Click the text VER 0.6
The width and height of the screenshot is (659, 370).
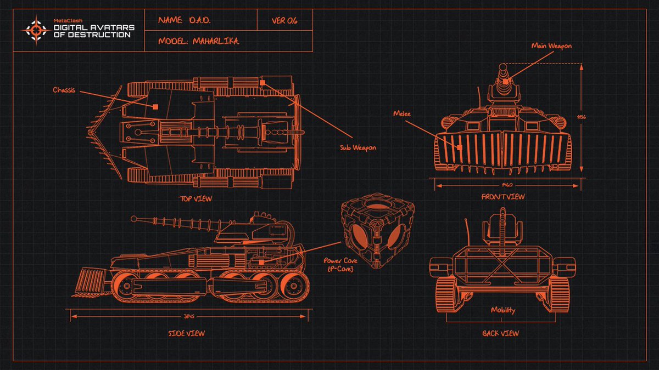tap(284, 20)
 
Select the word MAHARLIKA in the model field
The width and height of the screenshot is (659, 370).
tap(216, 41)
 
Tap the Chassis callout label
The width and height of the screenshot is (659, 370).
tap(65, 89)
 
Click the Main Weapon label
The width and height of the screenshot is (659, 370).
tap(551, 46)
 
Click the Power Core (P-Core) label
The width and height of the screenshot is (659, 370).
tap(342, 265)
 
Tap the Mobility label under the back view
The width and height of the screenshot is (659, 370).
tap(502, 310)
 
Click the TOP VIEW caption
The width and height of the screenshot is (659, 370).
tap(195, 198)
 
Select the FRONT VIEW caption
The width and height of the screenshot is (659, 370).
tap(502, 196)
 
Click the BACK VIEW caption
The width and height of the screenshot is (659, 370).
tap(500, 333)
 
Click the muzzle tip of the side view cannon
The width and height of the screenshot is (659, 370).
tap(133, 219)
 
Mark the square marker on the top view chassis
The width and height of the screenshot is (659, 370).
tap(156, 107)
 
